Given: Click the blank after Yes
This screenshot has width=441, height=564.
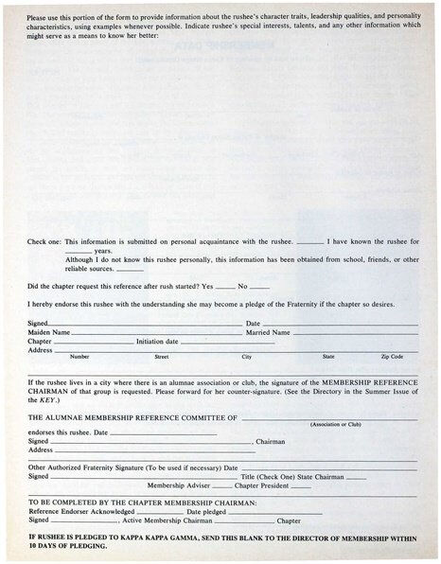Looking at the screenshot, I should [224, 287].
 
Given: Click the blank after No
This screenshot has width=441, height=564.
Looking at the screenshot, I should [260, 287].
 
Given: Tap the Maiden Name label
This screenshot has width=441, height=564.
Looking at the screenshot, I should [48, 333].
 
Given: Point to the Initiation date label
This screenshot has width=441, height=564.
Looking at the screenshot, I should [157, 342].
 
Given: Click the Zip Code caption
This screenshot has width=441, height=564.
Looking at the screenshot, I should [392, 357].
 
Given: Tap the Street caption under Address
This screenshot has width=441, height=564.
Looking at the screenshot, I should [162, 357].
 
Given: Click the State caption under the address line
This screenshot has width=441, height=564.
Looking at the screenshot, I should [328, 357].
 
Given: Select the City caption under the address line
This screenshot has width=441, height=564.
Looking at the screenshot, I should [247, 357].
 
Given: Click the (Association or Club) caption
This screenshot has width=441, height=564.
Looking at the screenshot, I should [336, 424].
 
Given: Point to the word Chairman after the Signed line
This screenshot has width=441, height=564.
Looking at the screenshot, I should [271, 441].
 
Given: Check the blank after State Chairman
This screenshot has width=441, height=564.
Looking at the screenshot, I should [356, 477].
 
